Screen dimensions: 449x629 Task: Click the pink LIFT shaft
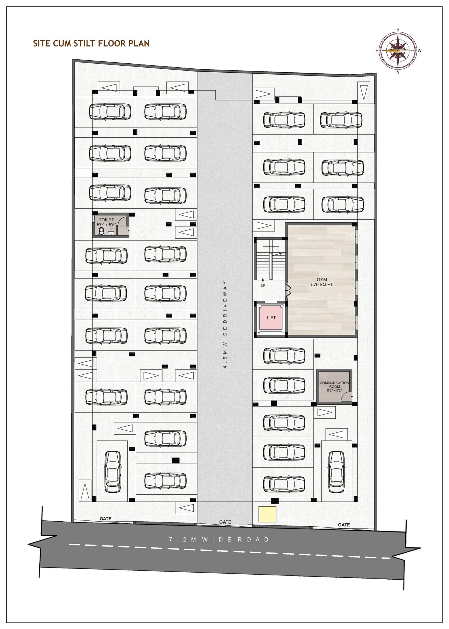[271, 318]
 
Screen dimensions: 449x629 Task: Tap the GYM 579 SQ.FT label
[322, 282]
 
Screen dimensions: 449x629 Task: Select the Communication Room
[334, 386]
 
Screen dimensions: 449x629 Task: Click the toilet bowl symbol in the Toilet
[101, 231]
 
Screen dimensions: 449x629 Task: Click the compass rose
[398, 50]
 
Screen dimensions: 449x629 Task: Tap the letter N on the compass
[398, 72]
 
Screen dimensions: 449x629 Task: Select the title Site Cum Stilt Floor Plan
[91, 43]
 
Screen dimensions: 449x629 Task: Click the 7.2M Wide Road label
[219, 539]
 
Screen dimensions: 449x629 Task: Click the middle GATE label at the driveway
[225, 522]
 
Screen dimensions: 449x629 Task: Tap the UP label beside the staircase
[263, 285]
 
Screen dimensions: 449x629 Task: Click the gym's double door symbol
[288, 290]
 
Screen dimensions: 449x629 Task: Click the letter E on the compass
[377, 51]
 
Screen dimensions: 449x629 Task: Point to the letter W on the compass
[420, 51]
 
